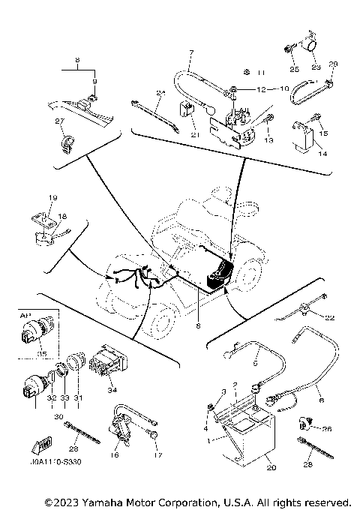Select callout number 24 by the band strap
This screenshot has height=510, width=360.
point(160,92)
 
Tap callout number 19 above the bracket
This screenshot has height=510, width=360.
point(53,198)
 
